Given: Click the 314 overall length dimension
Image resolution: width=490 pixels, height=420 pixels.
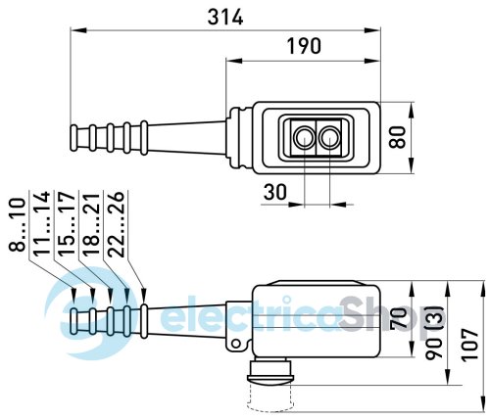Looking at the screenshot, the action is [225, 17].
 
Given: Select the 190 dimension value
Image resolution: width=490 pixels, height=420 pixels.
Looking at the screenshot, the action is [304, 46].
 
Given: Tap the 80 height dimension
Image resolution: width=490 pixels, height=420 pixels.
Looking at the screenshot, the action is [398, 137].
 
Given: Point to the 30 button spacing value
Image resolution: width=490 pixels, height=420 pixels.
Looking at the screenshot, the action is [275, 192].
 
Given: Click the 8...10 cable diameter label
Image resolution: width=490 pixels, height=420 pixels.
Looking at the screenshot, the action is [17, 225].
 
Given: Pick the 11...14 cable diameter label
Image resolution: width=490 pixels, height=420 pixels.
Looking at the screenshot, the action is [42, 222].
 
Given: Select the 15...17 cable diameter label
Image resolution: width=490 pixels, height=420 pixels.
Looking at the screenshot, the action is [67, 224].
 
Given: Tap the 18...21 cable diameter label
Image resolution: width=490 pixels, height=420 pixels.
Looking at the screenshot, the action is [91, 224].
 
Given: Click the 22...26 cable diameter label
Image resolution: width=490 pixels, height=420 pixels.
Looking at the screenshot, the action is [116, 224].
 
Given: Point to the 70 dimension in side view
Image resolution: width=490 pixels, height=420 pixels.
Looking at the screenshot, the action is [399, 317].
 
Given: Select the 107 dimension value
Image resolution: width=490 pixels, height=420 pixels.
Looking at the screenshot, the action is [470, 345].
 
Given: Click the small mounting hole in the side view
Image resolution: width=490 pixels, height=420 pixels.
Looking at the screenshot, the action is [236, 344].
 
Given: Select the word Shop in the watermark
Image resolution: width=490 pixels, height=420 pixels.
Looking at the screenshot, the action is [384, 317].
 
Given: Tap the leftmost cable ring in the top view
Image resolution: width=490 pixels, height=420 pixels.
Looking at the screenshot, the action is [73, 138].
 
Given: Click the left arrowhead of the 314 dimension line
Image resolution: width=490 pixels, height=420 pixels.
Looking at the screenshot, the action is [78, 30].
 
